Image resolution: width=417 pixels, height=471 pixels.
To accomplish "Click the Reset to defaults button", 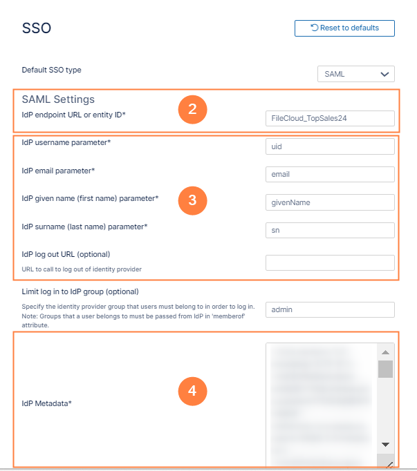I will click(x=344, y=28).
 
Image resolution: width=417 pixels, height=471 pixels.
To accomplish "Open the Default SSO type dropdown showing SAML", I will click(x=355, y=74).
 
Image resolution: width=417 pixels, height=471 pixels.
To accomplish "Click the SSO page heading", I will click(x=37, y=28).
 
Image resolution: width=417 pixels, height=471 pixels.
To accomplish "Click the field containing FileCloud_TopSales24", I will click(x=330, y=118).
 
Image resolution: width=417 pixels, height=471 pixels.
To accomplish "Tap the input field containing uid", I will click(x=330, y=146).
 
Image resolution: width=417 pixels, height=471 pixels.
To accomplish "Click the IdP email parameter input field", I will click(x=330, y=175).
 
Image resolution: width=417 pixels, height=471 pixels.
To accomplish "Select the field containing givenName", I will click(x=330, y=202).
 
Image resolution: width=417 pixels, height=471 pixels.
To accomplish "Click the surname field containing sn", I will click(x=330, y=230).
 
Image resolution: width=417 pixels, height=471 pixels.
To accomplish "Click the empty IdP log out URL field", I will click(x=330, y=262).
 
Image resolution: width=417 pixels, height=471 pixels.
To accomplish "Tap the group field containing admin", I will click(x=330, y=310).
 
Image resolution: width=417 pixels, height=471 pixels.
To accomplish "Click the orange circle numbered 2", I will click(x=192, y=109).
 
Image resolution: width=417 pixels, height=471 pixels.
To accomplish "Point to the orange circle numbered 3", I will click(x=192, y=200).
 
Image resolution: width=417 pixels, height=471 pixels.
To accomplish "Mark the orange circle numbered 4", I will click(x=192, y=391).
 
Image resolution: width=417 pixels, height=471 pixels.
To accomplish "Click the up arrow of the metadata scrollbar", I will click(x=385, y=352).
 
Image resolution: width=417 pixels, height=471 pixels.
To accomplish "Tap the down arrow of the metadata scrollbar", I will click(x=385, y=444).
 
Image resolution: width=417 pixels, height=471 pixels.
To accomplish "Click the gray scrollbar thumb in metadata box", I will click(x=385, y=369).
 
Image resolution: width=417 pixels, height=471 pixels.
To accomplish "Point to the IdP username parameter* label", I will click(x=66, y=142).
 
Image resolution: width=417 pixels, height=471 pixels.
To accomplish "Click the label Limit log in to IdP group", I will click(x=80, y=291).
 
